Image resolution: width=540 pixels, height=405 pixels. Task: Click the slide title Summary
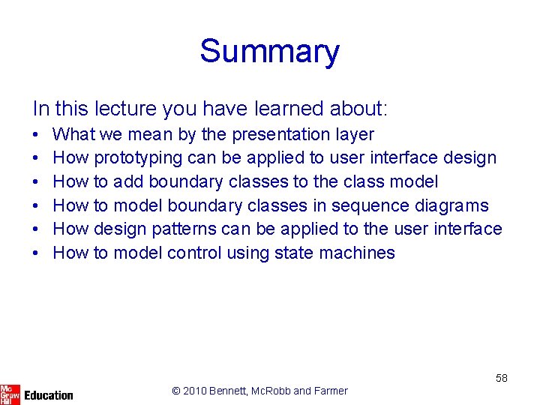269,52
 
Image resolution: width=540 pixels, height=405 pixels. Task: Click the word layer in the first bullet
355,134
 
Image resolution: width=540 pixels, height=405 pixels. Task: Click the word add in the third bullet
128,181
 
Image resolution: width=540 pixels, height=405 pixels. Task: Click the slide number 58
501,378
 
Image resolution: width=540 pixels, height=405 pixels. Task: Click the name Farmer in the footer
331,391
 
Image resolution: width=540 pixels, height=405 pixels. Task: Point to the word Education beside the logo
49,394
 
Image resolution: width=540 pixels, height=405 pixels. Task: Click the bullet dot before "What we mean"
36,135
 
